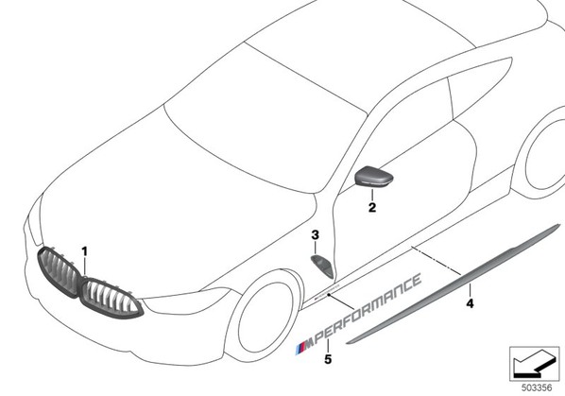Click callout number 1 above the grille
(85, 251)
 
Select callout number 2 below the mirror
(372, 207)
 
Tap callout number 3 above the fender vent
(316, 235)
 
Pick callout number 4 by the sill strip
(470, 303)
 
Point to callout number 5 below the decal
(328, 359)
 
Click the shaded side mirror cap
(374, 176)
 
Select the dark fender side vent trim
(323, 266)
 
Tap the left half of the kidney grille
(59, 271)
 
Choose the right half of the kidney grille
(111, 298)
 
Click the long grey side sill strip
(454, 284)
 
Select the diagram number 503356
(537, 387)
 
